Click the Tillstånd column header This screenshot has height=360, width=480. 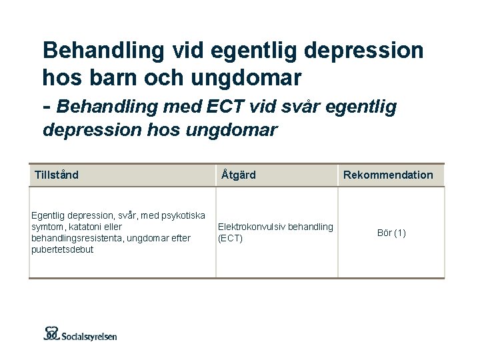(x=57, y=175)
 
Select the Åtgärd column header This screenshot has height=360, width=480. (x=238, y=175)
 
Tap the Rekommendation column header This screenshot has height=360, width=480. (x=388, y=175)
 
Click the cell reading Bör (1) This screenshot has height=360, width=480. (x=391, y=233)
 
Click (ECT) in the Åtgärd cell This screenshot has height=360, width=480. (x=231, y=238)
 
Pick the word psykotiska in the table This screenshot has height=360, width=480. (x=182, y=215)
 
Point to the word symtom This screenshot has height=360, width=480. (x=47, y=227)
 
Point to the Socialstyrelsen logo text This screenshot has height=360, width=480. (x=89, y=336)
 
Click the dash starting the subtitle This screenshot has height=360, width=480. (x=47, y=106)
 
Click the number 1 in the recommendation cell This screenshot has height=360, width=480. (x=400, y=233)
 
